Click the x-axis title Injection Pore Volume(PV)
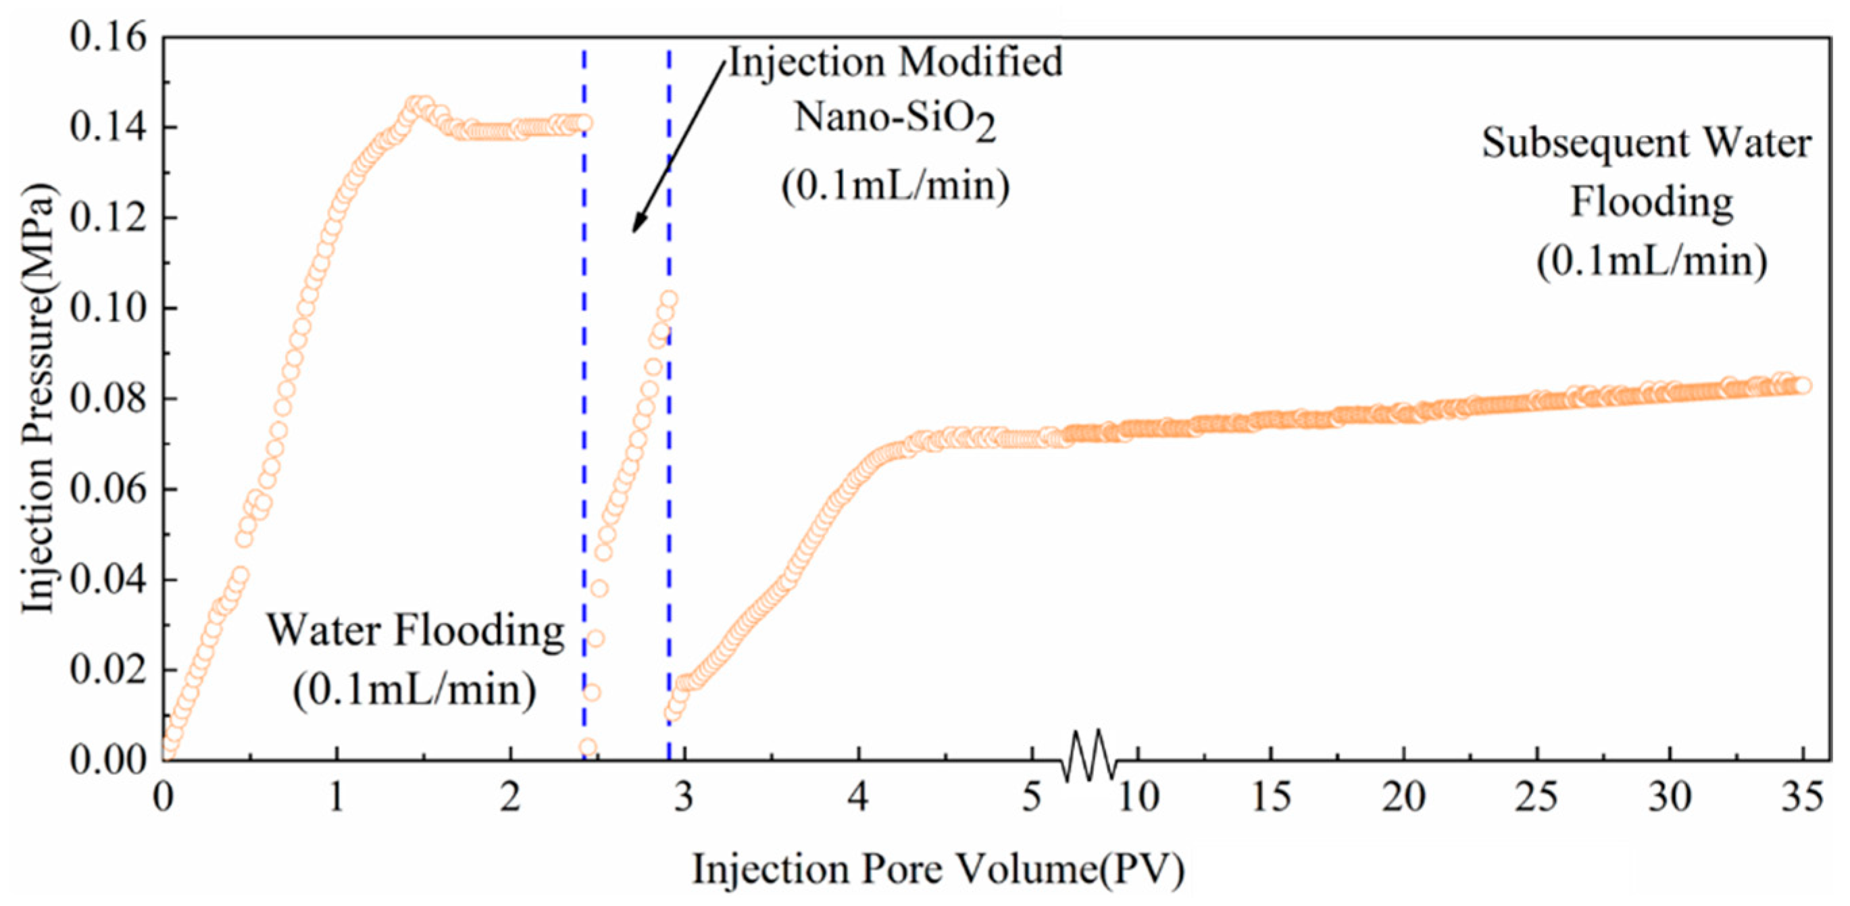tap(938, 870)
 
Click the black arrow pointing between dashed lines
tap(678, 147)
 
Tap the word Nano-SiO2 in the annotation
tap(895, 118)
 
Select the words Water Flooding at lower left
tap(416, 632)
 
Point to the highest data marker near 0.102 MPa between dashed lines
tap(669, 299)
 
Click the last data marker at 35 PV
tap(1802, 386)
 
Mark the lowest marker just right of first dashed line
tap(587, 747)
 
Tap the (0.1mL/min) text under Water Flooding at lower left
tap(414, 690)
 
